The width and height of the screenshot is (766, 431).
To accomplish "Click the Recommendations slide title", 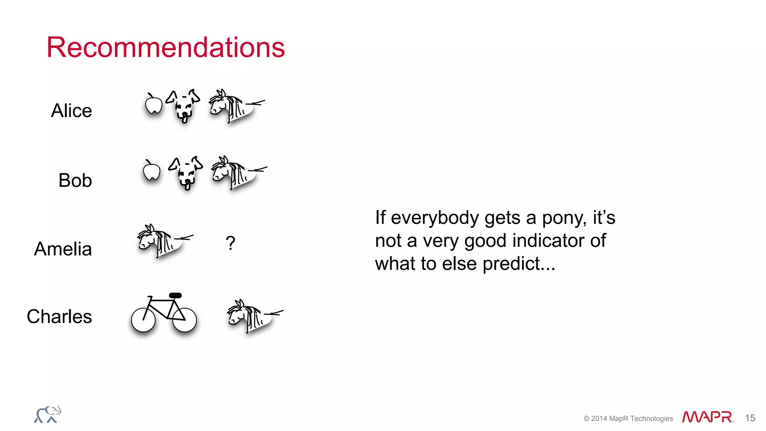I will [x=165, y=48].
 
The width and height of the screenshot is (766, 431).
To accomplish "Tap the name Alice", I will [x=71, y=111].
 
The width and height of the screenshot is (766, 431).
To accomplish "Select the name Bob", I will [x=75, y=180].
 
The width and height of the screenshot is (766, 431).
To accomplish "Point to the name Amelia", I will [x=63, y=249].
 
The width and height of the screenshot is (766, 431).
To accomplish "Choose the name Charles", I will [x=59, y=317].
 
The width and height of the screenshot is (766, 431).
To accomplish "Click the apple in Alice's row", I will [x=153, y=104].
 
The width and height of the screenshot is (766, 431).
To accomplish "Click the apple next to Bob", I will [x=151, y=171].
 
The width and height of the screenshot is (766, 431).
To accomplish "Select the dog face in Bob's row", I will [x=186, y=173].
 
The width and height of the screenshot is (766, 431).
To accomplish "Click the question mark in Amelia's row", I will [x=230, y=243].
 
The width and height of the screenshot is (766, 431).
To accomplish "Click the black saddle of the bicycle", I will [x=175, y=296].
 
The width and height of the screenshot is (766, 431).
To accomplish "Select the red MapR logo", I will [x=707, y=417].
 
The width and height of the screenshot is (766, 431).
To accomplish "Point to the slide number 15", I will [x=750, y=418].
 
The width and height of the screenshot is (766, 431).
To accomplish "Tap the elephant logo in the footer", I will [x=48, y=415].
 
